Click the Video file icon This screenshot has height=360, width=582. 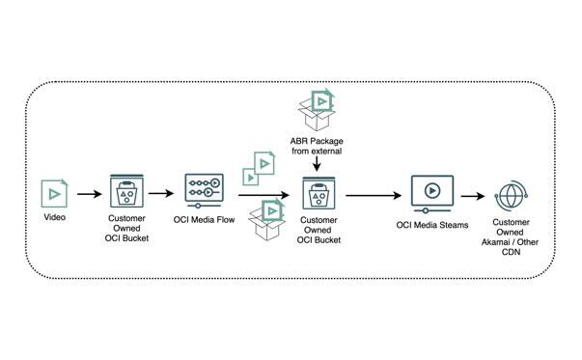[x=55, y=193]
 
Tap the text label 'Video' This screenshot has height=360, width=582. [x=55, y=219]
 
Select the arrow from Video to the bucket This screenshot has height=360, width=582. [x=89, y=195]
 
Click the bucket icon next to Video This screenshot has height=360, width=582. [x=125, y=193]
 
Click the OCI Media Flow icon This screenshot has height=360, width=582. [x=205, y=190]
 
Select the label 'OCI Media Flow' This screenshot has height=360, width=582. [x=205, y=219]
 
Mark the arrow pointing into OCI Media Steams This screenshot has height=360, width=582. [x=372, y=195]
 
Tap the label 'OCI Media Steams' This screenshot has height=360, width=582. [x=432, y=225]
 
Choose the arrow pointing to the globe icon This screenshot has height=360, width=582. [x=473, y=195]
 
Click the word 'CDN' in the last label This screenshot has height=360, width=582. [x=510, y=252]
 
